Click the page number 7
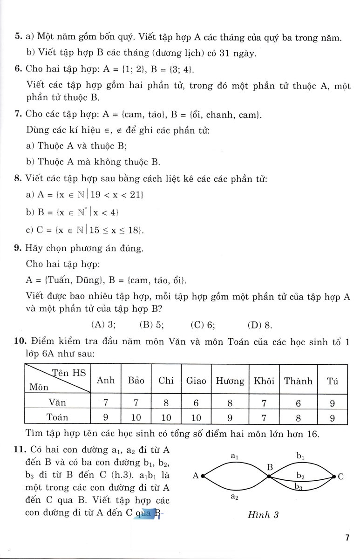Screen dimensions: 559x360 click(x=347, y=538)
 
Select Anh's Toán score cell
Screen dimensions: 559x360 click(x=106, y=418)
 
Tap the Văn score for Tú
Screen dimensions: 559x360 click(x=332, y=401)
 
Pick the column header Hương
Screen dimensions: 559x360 click(x=230, y=381)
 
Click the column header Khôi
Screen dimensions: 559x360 click(x=264, y=381)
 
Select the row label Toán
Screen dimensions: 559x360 click(x=57, y=418)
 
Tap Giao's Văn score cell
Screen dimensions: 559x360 click(x=196, y=401)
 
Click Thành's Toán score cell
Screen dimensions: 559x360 click(x=298, y=418)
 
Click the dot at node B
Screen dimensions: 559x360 click(x=269, y=476)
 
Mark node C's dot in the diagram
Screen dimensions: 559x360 click(x=333, y=476)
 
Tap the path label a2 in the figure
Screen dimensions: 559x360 click(x=235, y=497)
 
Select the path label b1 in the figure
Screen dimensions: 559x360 click(x=300, y=456)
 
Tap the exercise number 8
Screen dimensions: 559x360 click(x=17, y=178)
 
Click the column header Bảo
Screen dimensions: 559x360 click(x=136, y=381)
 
